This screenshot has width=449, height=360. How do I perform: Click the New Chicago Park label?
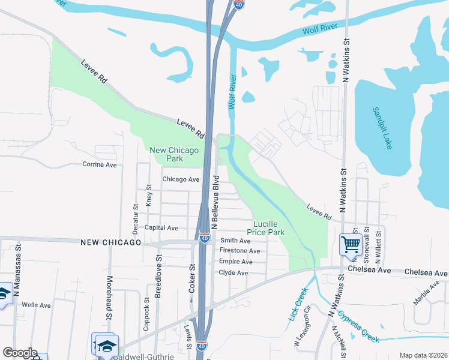(174, 155)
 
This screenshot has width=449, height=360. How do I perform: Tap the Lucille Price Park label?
(265, 227)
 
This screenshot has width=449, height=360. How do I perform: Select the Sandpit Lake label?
(381, 128)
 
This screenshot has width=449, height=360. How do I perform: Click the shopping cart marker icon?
(350, 244)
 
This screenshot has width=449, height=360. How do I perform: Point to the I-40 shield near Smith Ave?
(205, 238)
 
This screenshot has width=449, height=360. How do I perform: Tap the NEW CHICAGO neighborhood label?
(110, 242)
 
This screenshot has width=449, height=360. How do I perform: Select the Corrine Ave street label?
(99, 164)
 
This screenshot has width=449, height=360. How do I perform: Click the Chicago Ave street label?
(181, 179)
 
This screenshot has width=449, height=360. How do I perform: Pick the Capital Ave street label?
(161, 228)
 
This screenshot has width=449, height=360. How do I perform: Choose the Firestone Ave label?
(240, 251)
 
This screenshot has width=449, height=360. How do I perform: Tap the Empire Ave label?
(236, 262)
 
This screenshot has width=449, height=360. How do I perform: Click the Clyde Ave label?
(234, 273)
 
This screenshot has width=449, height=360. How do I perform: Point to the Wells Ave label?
(36, 305)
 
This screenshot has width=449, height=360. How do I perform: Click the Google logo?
(20, 353)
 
